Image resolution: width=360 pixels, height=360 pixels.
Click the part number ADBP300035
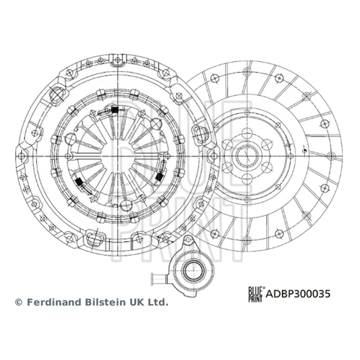pyautogui.click(x=298, y=294)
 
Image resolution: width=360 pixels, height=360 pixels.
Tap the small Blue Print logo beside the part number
pyautogui.click(x=256, y=294)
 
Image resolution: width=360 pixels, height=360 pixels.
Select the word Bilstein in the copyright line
pyautogui.click(x=106, y=302)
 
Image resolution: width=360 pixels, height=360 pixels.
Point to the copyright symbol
pyautogui.click(x=18, y=302)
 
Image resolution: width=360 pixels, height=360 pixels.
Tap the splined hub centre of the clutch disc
pyautogui.click(x=247, y=156)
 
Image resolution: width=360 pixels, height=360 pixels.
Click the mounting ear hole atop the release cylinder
pyautogui.click(x=188, y=240)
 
